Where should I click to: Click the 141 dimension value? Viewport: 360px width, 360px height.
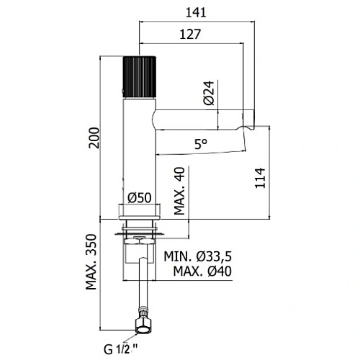tap(196, 12)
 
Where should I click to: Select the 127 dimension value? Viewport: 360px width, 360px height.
tap(190, 35)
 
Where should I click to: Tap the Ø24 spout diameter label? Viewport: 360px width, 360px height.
tap(209, 93)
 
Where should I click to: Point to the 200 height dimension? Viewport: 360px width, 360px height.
tap(94, 138)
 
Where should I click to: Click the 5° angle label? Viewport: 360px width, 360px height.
tap(201, 144)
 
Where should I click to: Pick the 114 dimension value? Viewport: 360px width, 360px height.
tap(260, 178)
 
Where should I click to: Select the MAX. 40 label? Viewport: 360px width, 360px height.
tap(179, 191)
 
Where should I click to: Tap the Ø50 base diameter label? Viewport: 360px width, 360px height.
tap(140, 198)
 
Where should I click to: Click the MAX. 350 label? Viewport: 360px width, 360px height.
tap(91, 262)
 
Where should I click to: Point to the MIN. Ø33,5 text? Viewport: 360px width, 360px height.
tap(198, 256)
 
